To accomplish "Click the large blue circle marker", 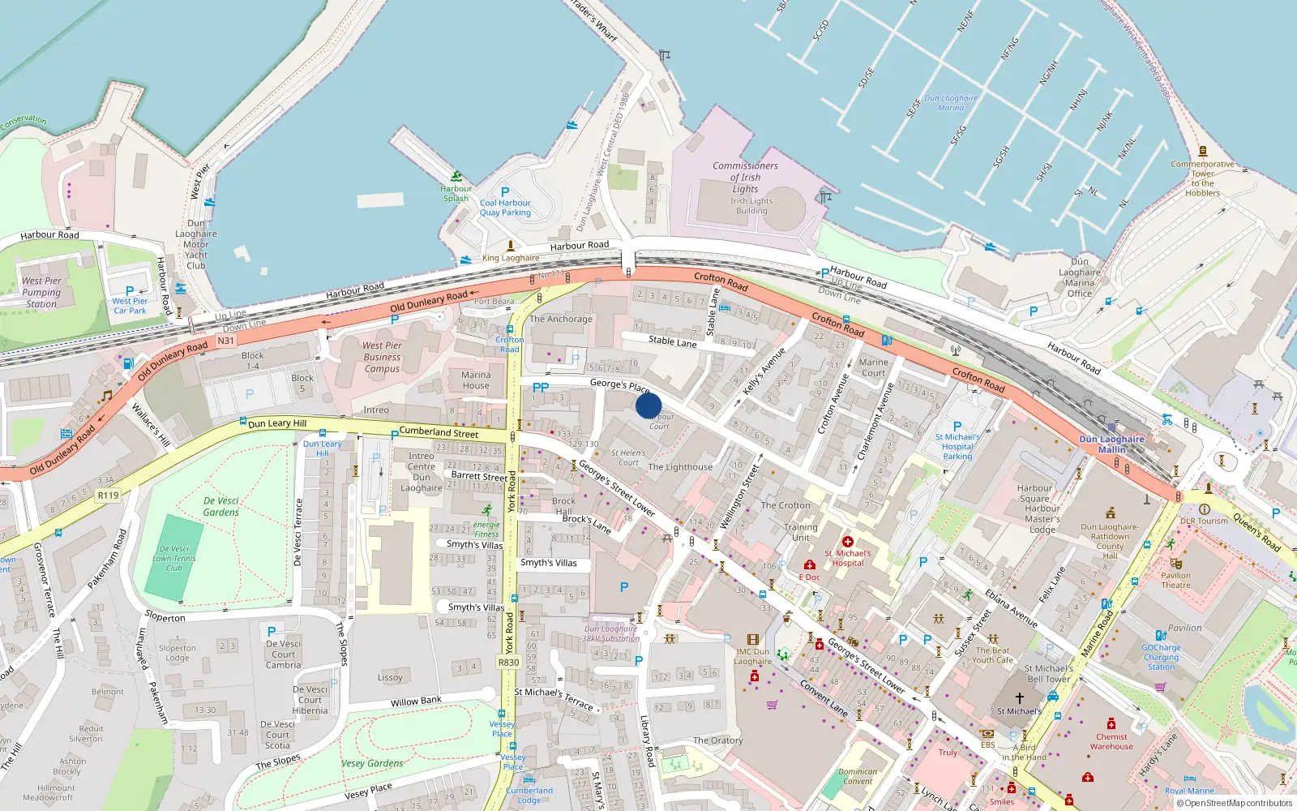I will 648,405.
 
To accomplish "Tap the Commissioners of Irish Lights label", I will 745,177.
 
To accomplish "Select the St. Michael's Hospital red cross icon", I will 848,542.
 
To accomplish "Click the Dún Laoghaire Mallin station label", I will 1111,444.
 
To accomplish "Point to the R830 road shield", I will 508,663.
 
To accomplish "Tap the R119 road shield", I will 108,495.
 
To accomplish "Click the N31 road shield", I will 225,341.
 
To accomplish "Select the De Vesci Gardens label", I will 221,506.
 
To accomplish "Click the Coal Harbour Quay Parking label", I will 505,208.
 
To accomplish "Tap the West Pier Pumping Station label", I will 41,292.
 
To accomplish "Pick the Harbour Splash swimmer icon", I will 456,176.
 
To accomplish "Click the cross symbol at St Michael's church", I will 1020,697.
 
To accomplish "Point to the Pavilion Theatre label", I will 1175,580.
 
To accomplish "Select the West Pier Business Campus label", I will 382,357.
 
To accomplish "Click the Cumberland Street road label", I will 439,432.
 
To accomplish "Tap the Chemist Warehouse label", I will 1111,741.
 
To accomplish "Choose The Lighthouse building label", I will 680,467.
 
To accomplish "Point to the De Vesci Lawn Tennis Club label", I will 174,558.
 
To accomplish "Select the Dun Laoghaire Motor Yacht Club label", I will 196,244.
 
